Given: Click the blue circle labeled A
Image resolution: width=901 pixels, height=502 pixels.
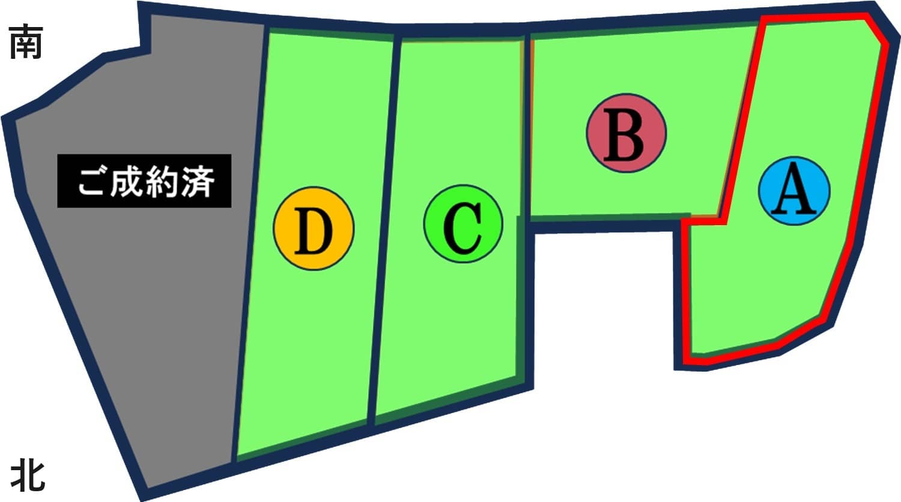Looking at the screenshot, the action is point(794,191).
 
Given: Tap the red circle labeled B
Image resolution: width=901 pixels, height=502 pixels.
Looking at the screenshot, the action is point(626,133).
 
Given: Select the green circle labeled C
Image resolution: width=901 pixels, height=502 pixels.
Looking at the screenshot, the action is point(463,223).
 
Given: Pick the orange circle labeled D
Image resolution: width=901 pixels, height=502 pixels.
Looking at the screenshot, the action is point(314,228).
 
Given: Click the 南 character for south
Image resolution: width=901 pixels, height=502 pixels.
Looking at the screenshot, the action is point(26,41).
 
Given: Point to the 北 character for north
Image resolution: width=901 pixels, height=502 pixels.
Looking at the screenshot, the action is point(28,476).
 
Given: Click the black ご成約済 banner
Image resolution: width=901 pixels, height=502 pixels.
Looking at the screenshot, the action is point(144,181).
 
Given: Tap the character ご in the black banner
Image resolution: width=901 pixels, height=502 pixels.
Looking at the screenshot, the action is point(91,181).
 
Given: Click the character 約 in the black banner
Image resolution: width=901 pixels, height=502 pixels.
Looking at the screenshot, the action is point(163,182).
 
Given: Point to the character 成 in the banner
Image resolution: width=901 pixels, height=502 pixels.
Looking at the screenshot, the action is point(127,182).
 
